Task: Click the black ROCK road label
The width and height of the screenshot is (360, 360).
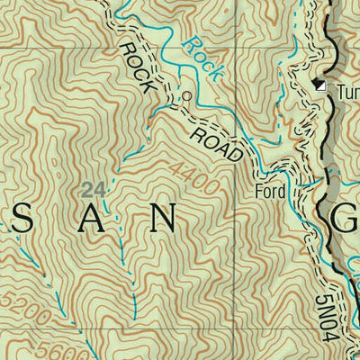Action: point(139,67)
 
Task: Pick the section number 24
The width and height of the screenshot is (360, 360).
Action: point(90,188)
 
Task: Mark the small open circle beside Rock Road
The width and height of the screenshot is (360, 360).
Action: point(187,95)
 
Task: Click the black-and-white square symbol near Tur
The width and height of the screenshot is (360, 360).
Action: point(320,86)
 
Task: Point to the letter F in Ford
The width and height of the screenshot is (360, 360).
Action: point(259,192)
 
